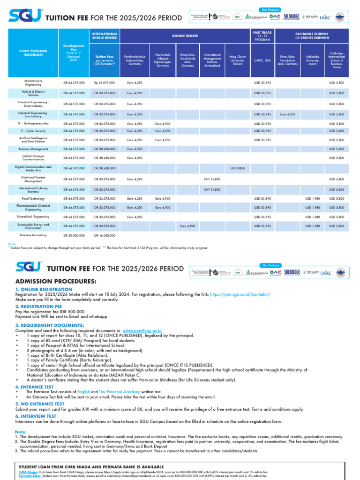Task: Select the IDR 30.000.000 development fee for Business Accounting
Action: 74,235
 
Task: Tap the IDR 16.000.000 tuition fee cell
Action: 105,235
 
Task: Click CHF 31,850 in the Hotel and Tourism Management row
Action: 212,179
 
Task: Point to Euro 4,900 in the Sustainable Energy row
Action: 187,226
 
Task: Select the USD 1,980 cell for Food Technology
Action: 313,198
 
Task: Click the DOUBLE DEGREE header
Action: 185,36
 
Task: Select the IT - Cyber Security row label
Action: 33,131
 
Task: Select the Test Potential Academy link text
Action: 119,391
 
